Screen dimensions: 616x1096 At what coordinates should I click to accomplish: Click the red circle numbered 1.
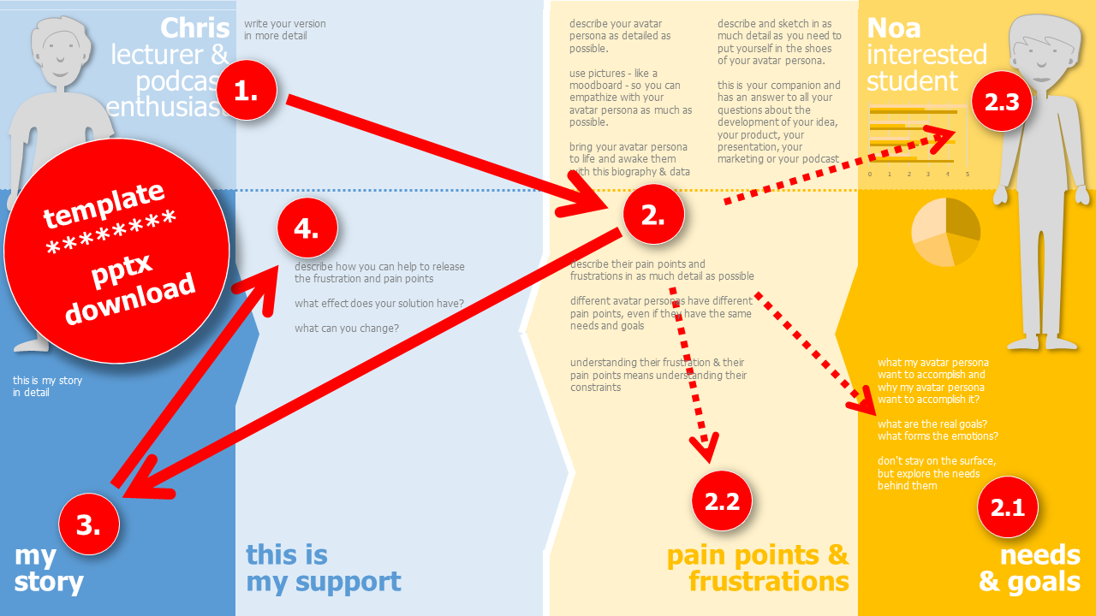point(246,90)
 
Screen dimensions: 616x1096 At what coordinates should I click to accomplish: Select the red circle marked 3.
point(89,524)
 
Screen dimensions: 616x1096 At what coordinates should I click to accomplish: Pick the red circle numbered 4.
point(307,228)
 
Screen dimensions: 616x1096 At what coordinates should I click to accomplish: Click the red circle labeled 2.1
point(1007,506)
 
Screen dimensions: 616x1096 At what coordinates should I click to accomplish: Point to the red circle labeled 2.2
point(722,500)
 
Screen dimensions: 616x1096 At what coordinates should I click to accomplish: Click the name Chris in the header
point(194,27)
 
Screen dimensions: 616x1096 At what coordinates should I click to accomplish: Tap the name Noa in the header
point(894,27)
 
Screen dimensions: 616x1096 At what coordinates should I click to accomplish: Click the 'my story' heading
point(49,569)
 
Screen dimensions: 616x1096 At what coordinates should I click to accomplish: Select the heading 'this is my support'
point(323,568)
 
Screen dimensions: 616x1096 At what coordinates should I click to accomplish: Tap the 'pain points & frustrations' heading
point(758,568)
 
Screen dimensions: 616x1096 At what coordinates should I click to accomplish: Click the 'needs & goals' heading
point(1029,568)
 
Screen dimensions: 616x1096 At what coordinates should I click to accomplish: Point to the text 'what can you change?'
point(347,328)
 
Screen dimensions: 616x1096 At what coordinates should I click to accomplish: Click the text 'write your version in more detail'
point(285,30)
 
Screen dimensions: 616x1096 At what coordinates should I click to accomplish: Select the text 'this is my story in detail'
point(47,387)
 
